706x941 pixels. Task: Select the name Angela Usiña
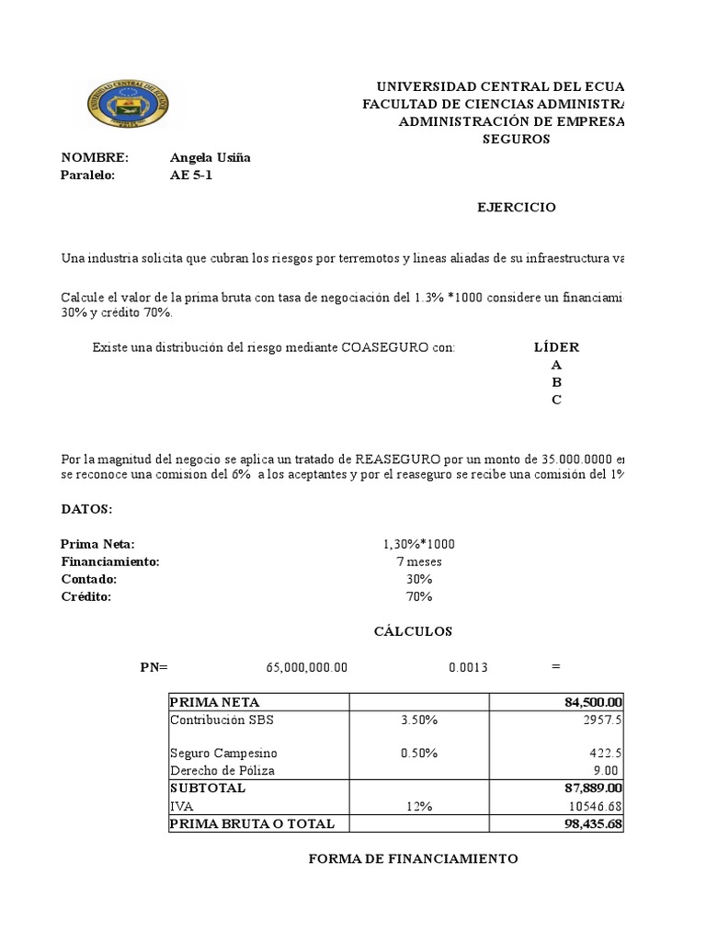tap(211, 158)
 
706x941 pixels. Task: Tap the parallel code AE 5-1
tap(191, 176)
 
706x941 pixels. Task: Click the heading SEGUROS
tap(517, 140)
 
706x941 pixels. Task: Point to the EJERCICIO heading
tap(516, 208)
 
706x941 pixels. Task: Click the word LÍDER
tap(556, 347)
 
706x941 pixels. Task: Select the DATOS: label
tap(86, 509)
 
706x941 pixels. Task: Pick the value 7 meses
tap(419, 561)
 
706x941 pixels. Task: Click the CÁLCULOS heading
tap(413, 631)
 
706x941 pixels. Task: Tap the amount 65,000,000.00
tap(305, 667)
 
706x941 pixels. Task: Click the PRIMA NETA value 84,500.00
tap(594, 703)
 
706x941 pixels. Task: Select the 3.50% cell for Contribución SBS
tap(419, 720)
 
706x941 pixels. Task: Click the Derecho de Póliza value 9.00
tap(607, 771)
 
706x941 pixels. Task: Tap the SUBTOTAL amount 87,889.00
tap(594, 788)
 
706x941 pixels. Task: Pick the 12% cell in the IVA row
tap(419, 806)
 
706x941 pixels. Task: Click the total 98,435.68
tap(594, 823)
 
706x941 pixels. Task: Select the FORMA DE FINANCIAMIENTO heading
tap(413, 859)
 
